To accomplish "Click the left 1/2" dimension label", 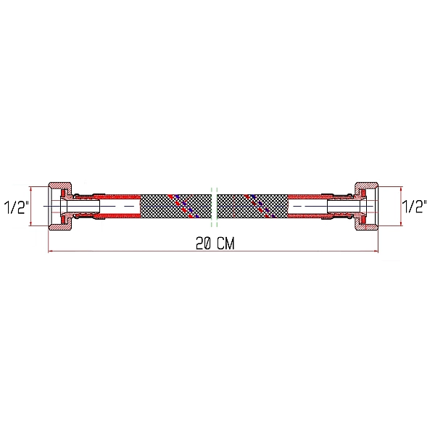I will click(x=15, y=207).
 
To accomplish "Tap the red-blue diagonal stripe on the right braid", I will click(x=260, y=205).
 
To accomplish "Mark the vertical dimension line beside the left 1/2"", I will click(x=32, y=206).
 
